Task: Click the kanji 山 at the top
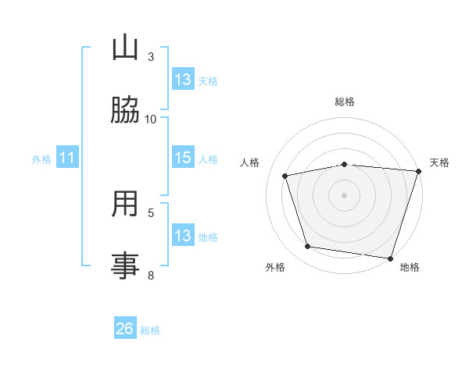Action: click(125, 47)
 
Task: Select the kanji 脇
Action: click(125, 109)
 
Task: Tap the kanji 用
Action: click(125, 203)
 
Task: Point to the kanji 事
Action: click(125, 265)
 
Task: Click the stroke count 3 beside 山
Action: click(151, 57)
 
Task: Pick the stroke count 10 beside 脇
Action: click(150, 119)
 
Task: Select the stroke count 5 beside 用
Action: click(151, 213)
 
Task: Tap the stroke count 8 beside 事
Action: click(151, 275)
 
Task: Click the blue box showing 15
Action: click(183, 157)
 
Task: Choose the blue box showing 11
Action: click(67, 157)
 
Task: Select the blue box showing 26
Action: click(125, 327)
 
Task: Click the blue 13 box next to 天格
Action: click(183, 79)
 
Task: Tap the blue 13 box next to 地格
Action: click(183, 234)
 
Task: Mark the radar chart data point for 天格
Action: click(419, 171)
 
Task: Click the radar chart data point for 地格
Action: click(390, 258)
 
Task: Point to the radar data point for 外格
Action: click(308, 246)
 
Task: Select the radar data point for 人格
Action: click(285, 176)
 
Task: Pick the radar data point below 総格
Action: click(345, 165)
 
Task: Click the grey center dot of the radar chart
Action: click(344, 195)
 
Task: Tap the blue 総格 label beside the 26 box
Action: click(150, 330)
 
